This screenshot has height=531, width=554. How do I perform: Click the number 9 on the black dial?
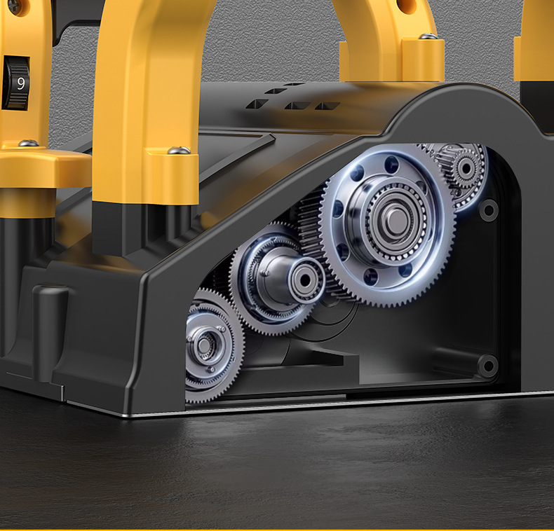20,83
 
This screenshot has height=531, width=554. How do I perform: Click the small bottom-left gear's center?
205,344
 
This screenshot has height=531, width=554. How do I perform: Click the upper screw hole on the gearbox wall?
488,209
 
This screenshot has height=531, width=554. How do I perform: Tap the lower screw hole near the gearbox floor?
487,364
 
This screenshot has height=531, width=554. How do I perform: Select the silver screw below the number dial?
28,144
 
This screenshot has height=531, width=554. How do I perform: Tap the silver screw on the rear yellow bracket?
428,36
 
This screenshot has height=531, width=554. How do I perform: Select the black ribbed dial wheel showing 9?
15,83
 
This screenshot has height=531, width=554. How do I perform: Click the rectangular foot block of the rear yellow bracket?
393,60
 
